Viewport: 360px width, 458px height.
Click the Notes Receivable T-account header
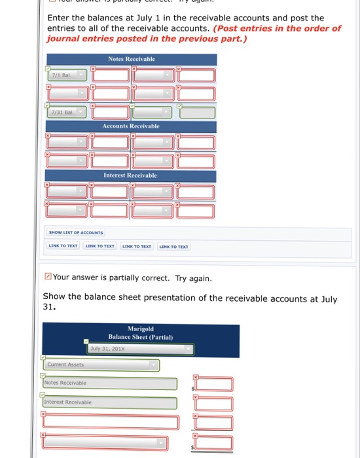click(131, 60)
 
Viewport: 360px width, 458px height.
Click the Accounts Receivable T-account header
click(131, 126)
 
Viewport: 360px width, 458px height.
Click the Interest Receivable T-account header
click(131, 175)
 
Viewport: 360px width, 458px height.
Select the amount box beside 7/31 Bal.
click(110, 113)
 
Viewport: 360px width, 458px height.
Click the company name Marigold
click(141, 329)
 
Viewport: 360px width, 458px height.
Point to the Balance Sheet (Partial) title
click(141, 338)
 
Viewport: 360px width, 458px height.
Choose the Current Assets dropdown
click(101, 364)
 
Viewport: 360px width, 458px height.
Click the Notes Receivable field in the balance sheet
click(110, 383)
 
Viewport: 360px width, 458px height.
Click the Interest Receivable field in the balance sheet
click(110, 403)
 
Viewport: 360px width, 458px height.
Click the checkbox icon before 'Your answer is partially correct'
click(47, 278)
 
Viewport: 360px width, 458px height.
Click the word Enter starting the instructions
click(60, 18)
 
